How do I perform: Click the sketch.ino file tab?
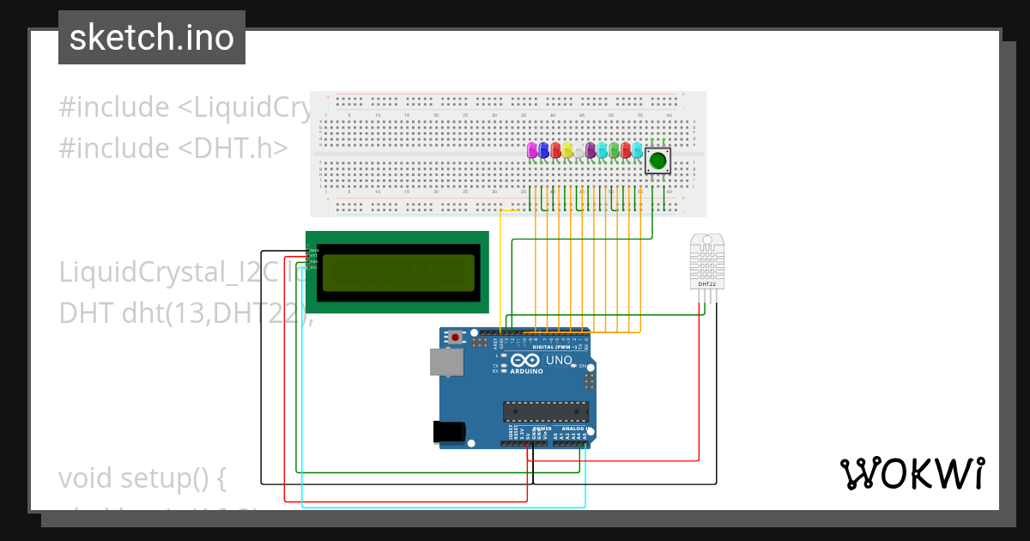[152, 38]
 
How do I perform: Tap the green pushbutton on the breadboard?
[658, 161]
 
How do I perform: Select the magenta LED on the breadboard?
[532, 149]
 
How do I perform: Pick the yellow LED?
[567, 150]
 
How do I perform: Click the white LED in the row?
[579, 150]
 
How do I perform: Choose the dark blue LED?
[543, 149]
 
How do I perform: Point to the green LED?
[615, 150]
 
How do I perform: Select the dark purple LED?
[591, 150]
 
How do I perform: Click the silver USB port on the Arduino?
[445, 362]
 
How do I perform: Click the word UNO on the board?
[559, 362]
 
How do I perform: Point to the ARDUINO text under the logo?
[527, 372]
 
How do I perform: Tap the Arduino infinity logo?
[527, 362]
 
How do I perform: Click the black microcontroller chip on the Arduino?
[546, 411]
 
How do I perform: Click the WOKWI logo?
[912, 473]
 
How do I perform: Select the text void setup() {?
[142, 478]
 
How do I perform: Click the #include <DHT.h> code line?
[173, 148]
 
